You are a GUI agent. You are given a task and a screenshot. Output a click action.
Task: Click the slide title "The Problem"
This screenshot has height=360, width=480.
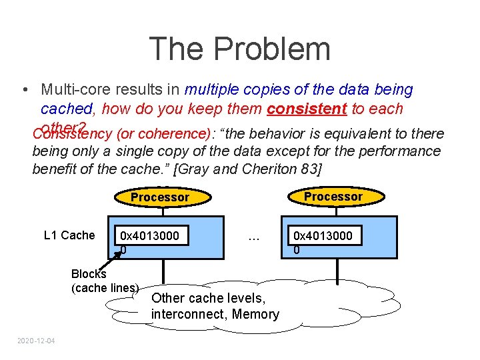[x=239, y=49]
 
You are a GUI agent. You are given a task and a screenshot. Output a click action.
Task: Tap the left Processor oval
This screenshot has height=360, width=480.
[x=160, y=197]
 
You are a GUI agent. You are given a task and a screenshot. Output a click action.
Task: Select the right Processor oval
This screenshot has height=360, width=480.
[x=333, y=196]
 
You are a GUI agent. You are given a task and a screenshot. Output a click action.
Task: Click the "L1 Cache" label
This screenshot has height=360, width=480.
[x=69, y=235]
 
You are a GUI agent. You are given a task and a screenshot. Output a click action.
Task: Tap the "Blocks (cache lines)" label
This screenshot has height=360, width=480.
[x=103, y=281]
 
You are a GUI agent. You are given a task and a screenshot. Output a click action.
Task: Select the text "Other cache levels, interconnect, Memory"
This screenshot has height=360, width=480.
[x=215, y=306]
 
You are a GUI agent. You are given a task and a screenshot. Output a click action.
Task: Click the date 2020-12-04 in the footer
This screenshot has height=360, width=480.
[x=37, y=341]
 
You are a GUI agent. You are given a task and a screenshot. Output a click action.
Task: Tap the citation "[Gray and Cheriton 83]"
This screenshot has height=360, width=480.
[x=257, y=169]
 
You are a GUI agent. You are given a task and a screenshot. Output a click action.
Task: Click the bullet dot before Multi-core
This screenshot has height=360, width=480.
[x=24, y=90]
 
